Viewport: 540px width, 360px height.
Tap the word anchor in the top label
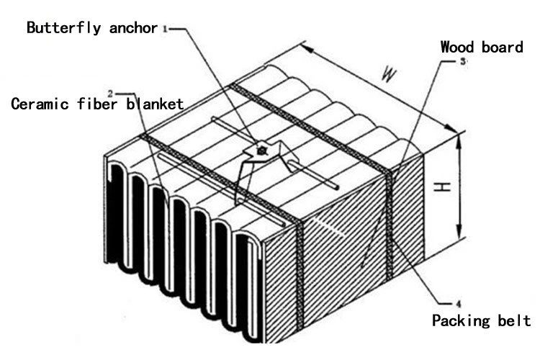(134, 28)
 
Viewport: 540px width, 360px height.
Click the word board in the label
(503, 48)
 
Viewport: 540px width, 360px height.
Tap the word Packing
(460, 320)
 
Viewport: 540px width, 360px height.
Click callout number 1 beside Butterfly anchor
(165, 29)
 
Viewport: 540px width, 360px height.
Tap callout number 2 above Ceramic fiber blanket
(110, 93)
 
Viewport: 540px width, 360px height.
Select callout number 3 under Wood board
(463, 62)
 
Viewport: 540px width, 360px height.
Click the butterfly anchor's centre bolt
(262, 150)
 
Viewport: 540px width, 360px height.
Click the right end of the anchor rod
(336, 189)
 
